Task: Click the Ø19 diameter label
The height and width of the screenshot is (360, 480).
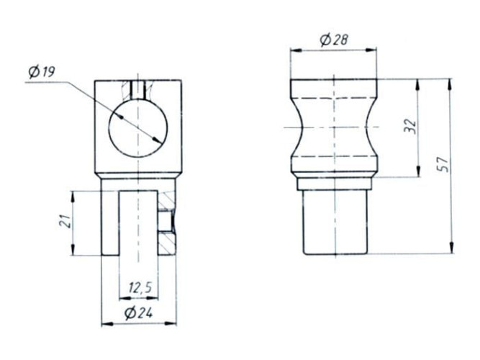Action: coord(41,73)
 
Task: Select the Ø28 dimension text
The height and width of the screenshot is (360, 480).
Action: coord(334,40)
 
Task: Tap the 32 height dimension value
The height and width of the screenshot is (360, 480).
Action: coord(410,125)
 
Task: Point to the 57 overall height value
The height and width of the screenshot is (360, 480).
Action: coord(443,165)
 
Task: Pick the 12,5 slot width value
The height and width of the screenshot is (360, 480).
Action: coord(140,288)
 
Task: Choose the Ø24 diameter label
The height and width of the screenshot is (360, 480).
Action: coord(138,312)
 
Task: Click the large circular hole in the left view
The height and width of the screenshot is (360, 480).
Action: coord(138,128)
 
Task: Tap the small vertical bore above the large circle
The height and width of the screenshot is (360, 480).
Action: coord(137,89)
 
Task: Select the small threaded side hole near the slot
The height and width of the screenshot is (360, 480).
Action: coord(166,220)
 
